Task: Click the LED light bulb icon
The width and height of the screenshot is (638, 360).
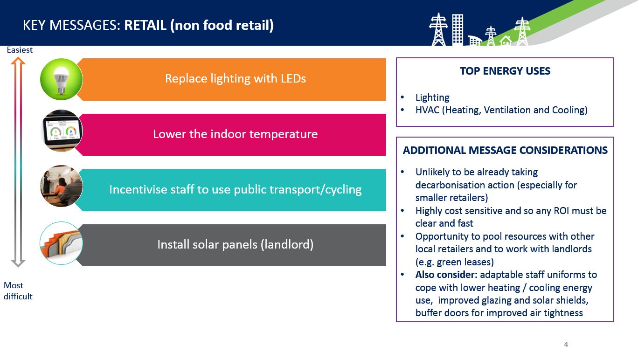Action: [61, 79]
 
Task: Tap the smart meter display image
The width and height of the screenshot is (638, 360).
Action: [61, 131]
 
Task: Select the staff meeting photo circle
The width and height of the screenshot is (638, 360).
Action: [61, 186]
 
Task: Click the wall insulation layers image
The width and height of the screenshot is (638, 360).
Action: [61, 243]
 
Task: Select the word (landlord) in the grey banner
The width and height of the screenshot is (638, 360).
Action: [287, 245]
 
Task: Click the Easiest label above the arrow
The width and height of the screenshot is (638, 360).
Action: [20, 50]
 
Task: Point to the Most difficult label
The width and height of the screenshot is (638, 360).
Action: [18, 291]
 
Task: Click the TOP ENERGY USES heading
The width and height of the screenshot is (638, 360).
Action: [505, 71]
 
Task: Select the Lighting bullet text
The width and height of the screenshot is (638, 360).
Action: [432, 97]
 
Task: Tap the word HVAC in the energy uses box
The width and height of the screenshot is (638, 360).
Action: [427, 110]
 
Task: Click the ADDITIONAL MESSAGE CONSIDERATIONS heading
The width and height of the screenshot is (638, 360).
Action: [505, 150]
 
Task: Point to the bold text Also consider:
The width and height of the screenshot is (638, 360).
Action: [446, 275]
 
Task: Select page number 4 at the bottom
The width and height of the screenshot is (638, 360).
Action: [566, 344]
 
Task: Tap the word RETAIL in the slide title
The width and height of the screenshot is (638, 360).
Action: [145, 25]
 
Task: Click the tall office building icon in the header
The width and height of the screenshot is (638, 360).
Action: [458, 29]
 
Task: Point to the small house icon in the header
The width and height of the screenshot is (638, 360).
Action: [506, 41]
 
